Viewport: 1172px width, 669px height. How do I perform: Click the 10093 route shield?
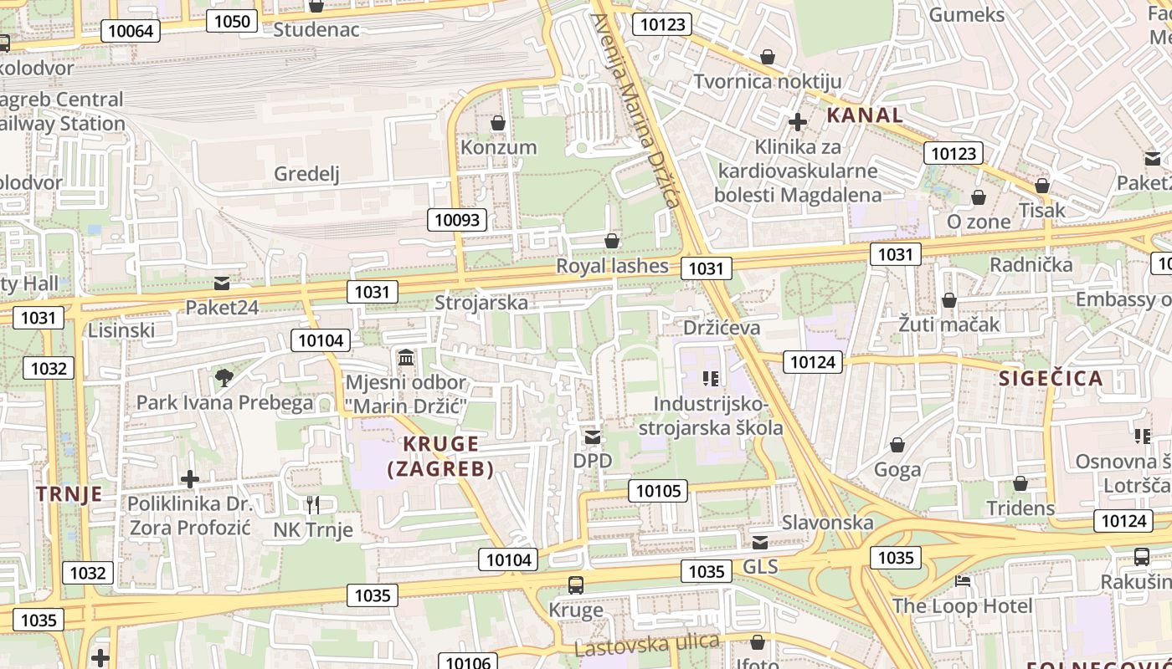pyautogui.click(x=458, y=220)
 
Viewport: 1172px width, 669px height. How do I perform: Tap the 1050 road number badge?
pyautogui.click(x=231, y=21)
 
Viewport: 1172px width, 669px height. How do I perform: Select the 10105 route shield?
pyautogui.click(x=659, y=491)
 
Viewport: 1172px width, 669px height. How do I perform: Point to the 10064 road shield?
pyautogui.click(x=131, y=31)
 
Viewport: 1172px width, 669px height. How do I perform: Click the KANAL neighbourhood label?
pyautogui.click(x=865, y=115)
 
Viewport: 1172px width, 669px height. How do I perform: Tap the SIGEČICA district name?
pyautogui.click(x=1051, y=378)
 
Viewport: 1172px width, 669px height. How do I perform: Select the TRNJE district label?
pyautogui.click(x=69, y=493)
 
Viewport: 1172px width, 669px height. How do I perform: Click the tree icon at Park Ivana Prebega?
pyautogui.click(x=224, y=378)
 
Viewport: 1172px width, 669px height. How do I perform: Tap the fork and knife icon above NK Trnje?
pyautogui.click(x=312, y=504)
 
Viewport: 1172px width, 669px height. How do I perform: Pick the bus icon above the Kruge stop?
pyautogui.click(x=575, y=585)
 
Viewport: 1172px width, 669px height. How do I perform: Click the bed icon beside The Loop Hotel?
pyautogui.click(x=963, y=580)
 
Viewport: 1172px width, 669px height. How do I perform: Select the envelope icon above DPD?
pyautogui.click(x=593, y=437)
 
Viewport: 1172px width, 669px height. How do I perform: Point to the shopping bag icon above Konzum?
pyautogui.click(x=498, y=123)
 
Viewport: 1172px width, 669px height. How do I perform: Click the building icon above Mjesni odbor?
pyautogui.click(x=406, y=358)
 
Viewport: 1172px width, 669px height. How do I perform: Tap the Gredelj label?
pyautogui.click(x=306, y=174)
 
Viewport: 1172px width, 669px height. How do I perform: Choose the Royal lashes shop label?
pyautogui.click(x=613, y=266)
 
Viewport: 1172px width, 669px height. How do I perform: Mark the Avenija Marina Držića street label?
pyautogui.click(x=636, y=113)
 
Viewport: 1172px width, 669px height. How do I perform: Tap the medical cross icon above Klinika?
pyautogui.click(x=798, y=122)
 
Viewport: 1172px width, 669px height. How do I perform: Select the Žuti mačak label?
pyautogui.click(x=949, y=324)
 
